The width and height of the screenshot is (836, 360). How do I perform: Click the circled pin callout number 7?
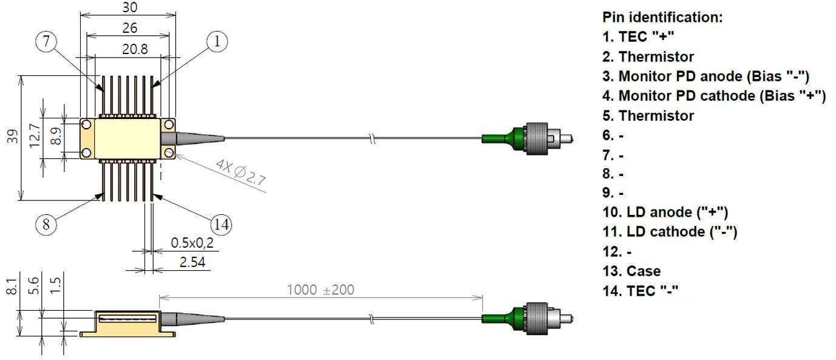click(46, 41)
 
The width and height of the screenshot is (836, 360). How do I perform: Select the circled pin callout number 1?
click(217, 41)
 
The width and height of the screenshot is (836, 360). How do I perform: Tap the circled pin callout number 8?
click(46, 225)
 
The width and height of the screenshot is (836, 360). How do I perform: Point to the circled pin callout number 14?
click(222, 225)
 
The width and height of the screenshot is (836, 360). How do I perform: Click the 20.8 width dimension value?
click(135, 49)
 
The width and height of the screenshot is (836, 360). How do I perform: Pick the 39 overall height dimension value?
click(13, 136)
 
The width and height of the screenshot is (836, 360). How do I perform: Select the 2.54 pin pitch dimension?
click(192, 262)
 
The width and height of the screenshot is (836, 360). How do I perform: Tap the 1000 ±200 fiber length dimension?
click(320, 290)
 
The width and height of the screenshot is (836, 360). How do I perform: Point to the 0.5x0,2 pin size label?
click(192, 243)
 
